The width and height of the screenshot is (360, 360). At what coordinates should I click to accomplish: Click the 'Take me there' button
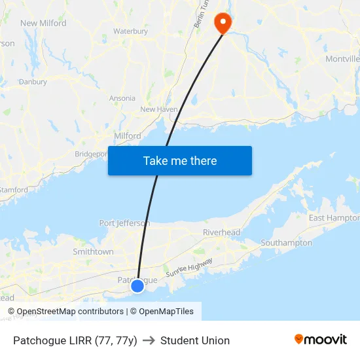tap(179, 161)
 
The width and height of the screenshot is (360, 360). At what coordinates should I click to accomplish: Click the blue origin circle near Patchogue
tap(137, 285)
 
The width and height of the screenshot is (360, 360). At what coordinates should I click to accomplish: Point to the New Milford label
tap(43, 23)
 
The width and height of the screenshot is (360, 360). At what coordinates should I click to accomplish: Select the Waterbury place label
tap(130, 31)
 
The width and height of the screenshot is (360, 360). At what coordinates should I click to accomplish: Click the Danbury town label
tap(33, 82)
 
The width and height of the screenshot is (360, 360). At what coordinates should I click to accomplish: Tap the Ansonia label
tap(122, 98)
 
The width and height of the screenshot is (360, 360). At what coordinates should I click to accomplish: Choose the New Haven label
tap(158, 109)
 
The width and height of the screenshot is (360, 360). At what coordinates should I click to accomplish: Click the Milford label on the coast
tap(128, 135)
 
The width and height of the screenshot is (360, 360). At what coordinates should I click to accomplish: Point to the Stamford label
tap(14, 190)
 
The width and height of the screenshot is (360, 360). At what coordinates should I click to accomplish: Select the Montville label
tap(342, 59)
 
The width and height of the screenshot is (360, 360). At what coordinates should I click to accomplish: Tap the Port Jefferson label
tap(124, 223)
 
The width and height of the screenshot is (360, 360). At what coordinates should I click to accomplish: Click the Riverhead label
tap(221, 232)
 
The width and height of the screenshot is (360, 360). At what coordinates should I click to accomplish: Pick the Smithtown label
tap(93, 251)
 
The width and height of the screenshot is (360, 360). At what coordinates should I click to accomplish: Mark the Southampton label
tap(286, 243)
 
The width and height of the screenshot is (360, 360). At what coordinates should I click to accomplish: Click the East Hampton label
tap(334, 218)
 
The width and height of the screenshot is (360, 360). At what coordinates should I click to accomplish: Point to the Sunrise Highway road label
tap(190, 266)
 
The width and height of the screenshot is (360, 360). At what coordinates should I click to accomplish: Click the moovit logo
tap(320, 340)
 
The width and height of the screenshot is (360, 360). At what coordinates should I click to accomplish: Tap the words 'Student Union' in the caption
tap(195, 340)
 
